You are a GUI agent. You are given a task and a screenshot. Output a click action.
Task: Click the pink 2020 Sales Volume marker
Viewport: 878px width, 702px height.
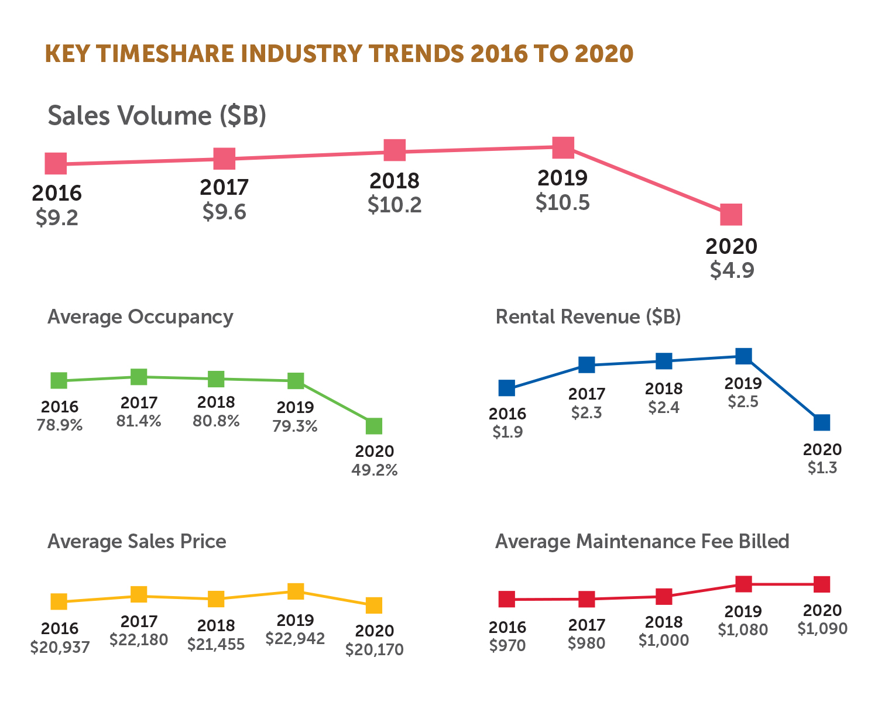click(x=730, y=215)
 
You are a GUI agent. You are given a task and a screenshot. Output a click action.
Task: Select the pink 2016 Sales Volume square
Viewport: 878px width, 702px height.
click(x=56, y=164)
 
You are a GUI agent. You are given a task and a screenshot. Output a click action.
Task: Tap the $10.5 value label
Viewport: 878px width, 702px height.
click(x=563, y=202)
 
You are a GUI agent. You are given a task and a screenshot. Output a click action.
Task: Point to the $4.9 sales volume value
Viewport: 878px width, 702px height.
click(x=732, y=270)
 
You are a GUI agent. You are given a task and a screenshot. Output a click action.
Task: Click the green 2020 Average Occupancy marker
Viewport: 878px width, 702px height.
click(x=373, y=426)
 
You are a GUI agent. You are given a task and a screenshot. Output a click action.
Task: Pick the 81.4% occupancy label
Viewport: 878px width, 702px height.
click(x=139, y=421)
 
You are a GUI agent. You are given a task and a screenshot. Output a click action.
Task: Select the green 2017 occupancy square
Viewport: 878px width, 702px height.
click(x=139, y=377)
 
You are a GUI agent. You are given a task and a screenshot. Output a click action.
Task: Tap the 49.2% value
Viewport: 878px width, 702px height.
click(x=375, y=470)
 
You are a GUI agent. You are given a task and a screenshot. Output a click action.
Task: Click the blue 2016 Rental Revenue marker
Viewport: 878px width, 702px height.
click(x=507, y=388)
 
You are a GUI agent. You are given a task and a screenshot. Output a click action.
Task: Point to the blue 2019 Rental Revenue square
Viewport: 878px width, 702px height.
click(x=743, y=356)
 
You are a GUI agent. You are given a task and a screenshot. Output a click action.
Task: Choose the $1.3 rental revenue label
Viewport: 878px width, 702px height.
click(x=822, y=468)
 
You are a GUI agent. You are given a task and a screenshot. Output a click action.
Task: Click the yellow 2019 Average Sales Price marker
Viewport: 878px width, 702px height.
click(x=296, y=591)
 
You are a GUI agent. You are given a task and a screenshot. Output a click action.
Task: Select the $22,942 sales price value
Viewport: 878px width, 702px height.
click(x=295, y=639)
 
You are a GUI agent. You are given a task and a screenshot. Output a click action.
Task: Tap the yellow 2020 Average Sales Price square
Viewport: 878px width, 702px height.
click(x=373, y=605)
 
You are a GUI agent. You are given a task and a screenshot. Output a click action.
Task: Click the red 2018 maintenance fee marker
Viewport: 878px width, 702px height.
click(x=664, y=596)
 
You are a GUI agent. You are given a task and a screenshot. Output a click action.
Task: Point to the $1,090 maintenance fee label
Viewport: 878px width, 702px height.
click(x=822, y=628)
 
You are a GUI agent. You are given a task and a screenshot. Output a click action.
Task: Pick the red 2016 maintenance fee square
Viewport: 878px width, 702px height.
click(x=507, y=599)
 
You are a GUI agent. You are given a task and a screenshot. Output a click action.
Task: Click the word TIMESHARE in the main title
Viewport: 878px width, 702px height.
click(x=165, y=54)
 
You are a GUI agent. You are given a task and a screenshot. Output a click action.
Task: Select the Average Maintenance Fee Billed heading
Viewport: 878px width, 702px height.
click(x=642, y=542)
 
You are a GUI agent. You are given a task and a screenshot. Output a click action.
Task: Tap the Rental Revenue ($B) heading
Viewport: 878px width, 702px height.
click(x=588, y=317)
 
